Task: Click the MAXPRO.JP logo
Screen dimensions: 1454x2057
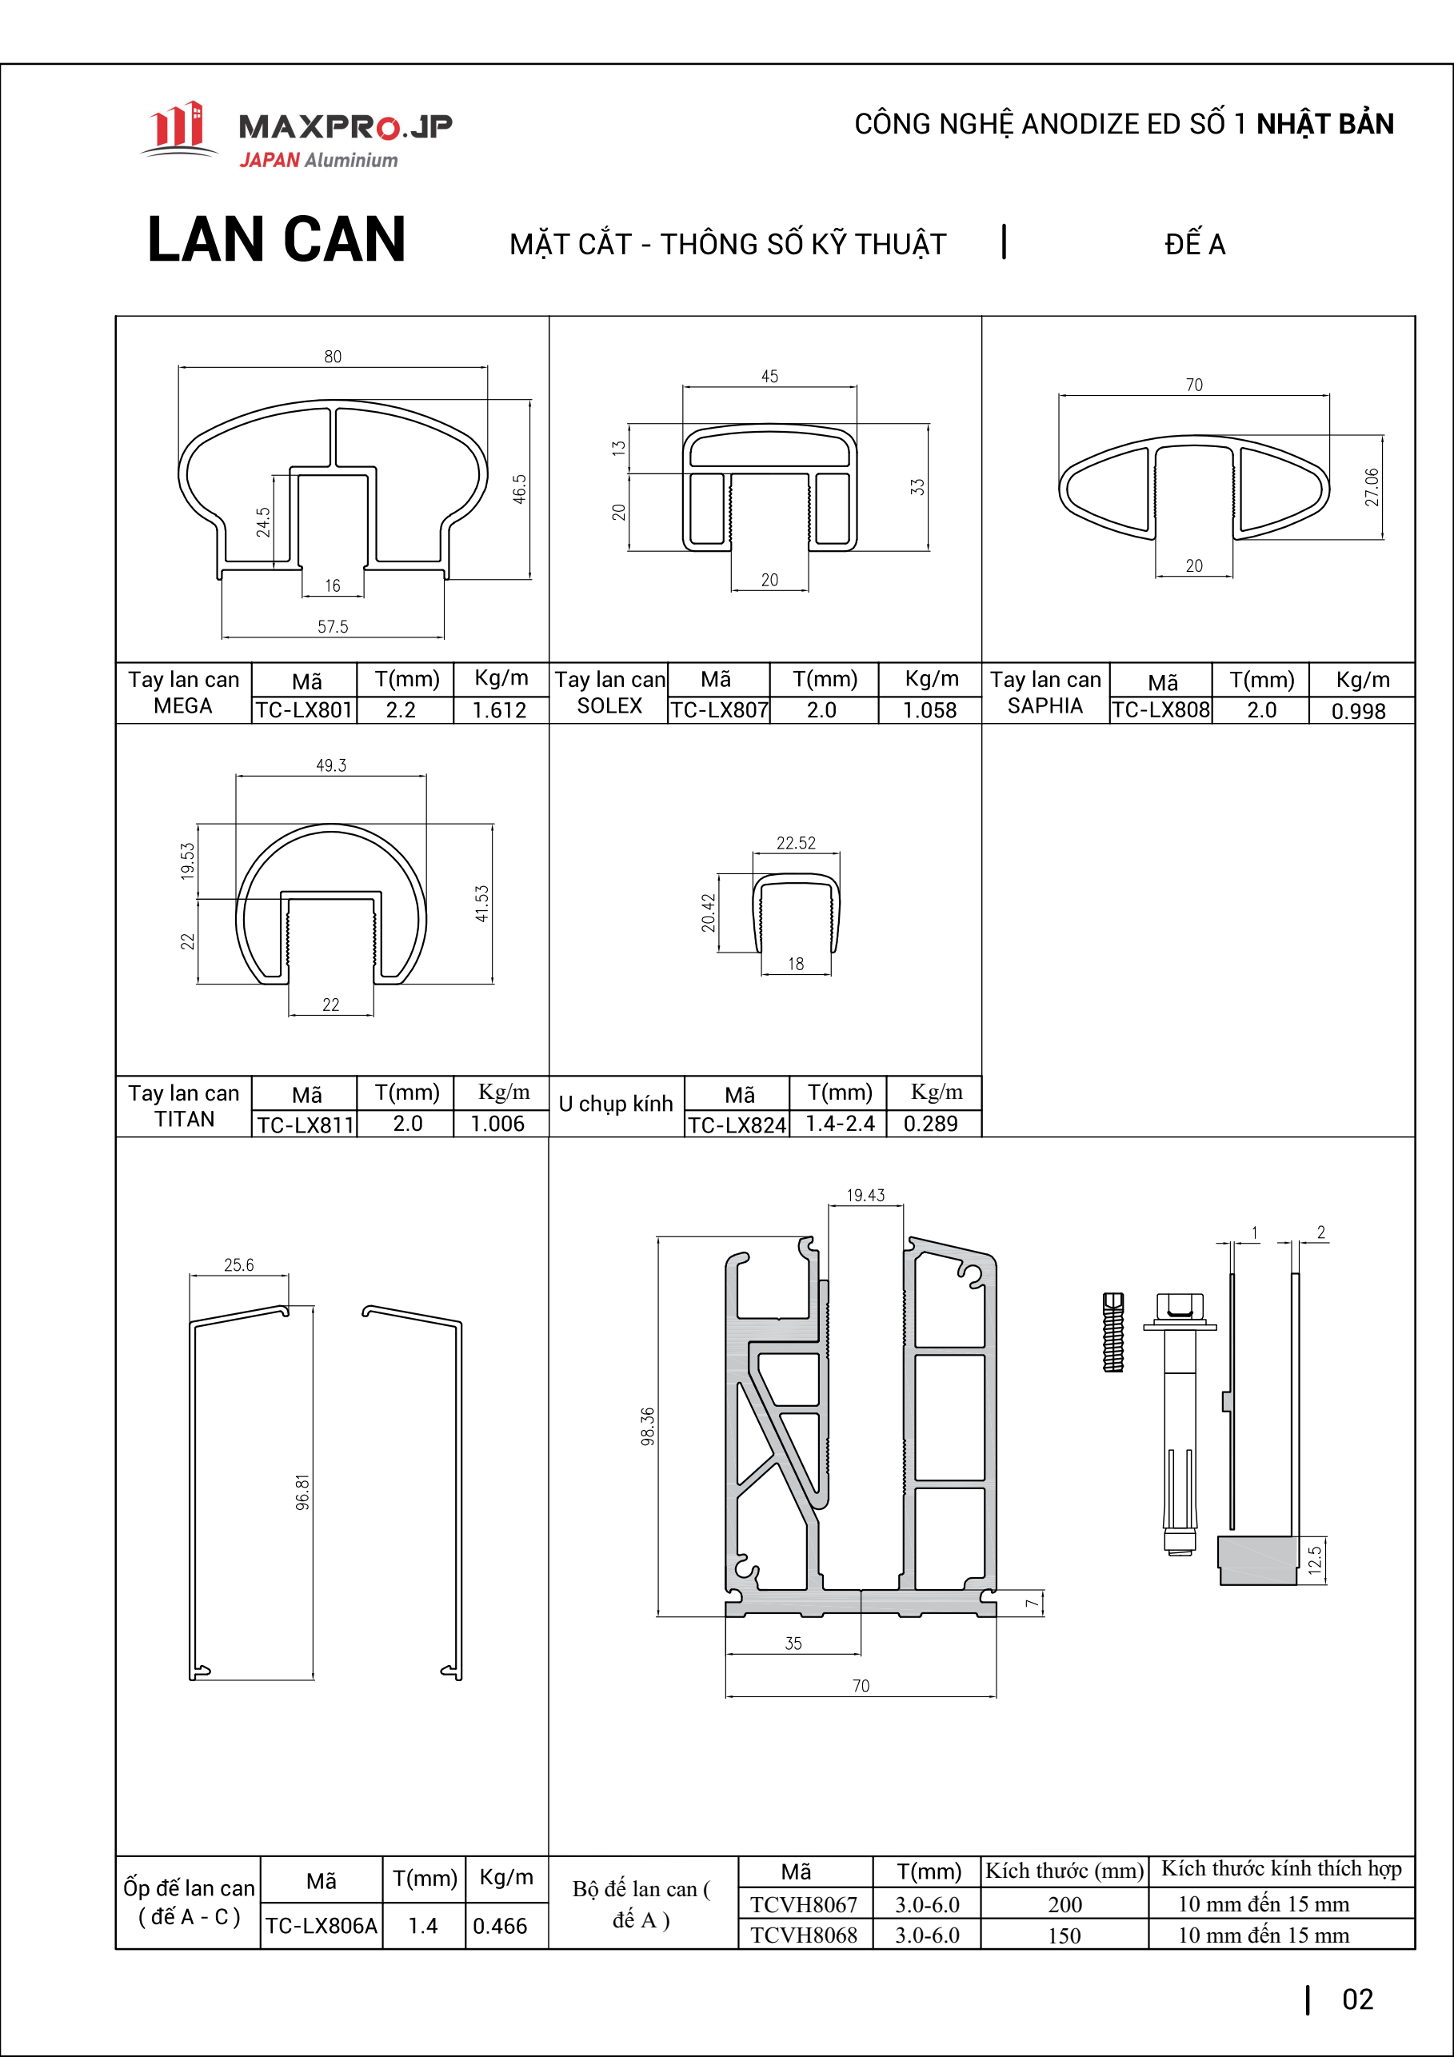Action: (296, 135)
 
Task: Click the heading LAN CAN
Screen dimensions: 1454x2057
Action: (277, 240)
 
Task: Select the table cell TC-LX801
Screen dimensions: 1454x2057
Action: (304, 709)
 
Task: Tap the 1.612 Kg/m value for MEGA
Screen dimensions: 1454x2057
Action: (500, 709)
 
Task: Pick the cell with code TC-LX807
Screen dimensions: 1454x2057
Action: (719, 709)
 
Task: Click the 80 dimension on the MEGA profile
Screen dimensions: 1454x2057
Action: (334, 357)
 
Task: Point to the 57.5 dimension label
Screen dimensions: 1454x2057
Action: (334, 626)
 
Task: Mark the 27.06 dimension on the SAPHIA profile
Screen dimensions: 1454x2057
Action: (1372, 487)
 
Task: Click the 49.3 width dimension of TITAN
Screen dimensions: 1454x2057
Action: (331, 765)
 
